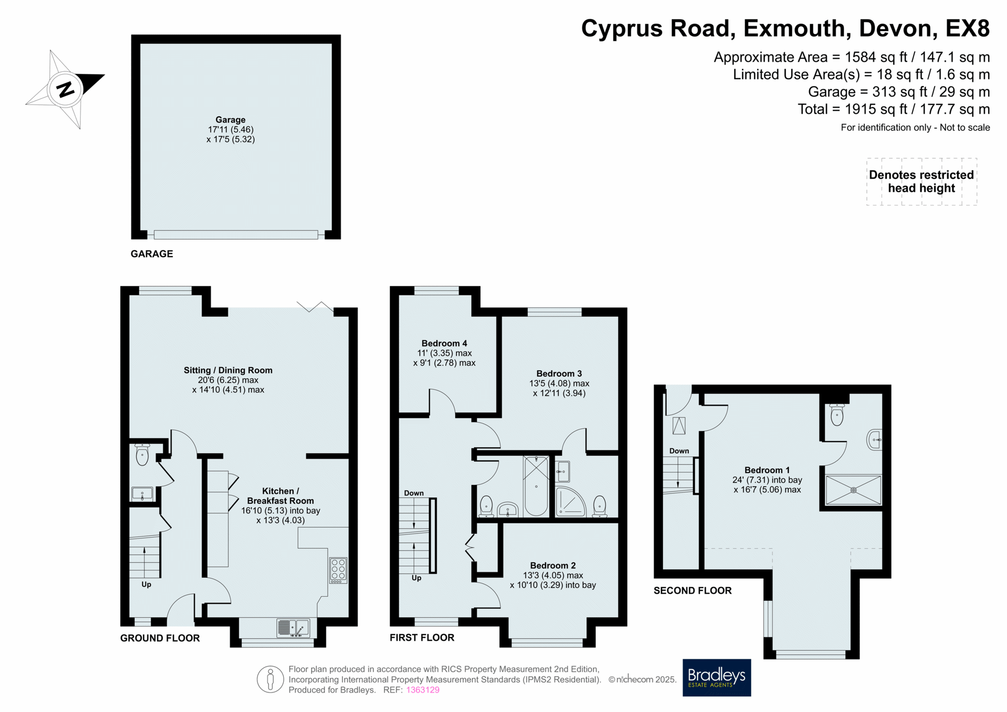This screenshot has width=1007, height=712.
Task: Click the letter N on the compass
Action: point(66,90)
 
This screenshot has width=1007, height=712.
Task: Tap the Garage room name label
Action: point(230,120)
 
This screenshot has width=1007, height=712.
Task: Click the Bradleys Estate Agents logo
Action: point(716,677)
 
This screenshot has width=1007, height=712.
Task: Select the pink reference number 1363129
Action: point(423,690)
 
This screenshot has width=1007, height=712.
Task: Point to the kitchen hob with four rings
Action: point(338,570)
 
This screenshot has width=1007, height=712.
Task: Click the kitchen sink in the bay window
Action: point(293,628)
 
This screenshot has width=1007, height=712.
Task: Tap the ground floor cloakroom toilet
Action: point(142,455)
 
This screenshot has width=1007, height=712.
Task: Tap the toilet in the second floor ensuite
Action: point(837,414)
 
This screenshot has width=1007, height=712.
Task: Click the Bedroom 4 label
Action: point(444,343)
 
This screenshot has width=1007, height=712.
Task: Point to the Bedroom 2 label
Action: point(553,566)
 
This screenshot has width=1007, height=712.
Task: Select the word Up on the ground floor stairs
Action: point(146,585)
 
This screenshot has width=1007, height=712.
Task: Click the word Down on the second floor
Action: point(679,451)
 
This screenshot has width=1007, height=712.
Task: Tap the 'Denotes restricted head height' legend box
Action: point(922,181)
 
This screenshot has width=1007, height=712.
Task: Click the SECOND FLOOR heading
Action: point(692,591)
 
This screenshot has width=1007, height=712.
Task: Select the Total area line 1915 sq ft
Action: point(894,109)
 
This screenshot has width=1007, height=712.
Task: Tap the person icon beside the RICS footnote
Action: point(271,679)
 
